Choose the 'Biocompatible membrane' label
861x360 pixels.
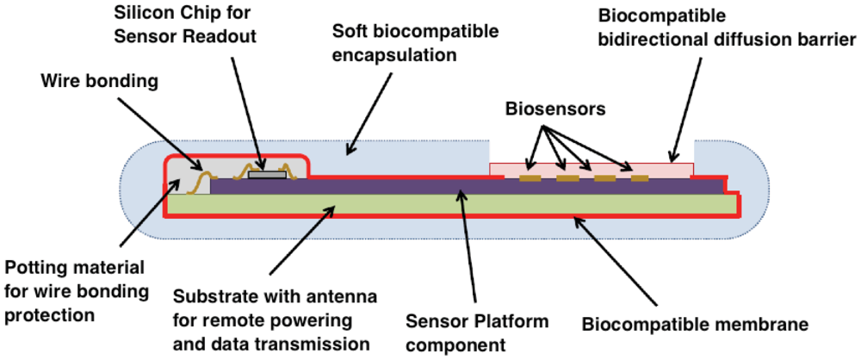click(695, 325)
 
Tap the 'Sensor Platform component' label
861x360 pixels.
click(477, 333)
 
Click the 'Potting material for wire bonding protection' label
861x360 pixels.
click(74, 290)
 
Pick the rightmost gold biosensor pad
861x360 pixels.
click(640, 178)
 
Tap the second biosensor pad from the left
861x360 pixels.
click(567, 178)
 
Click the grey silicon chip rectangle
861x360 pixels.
click(266, 174)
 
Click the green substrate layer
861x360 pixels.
click(448, 203)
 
